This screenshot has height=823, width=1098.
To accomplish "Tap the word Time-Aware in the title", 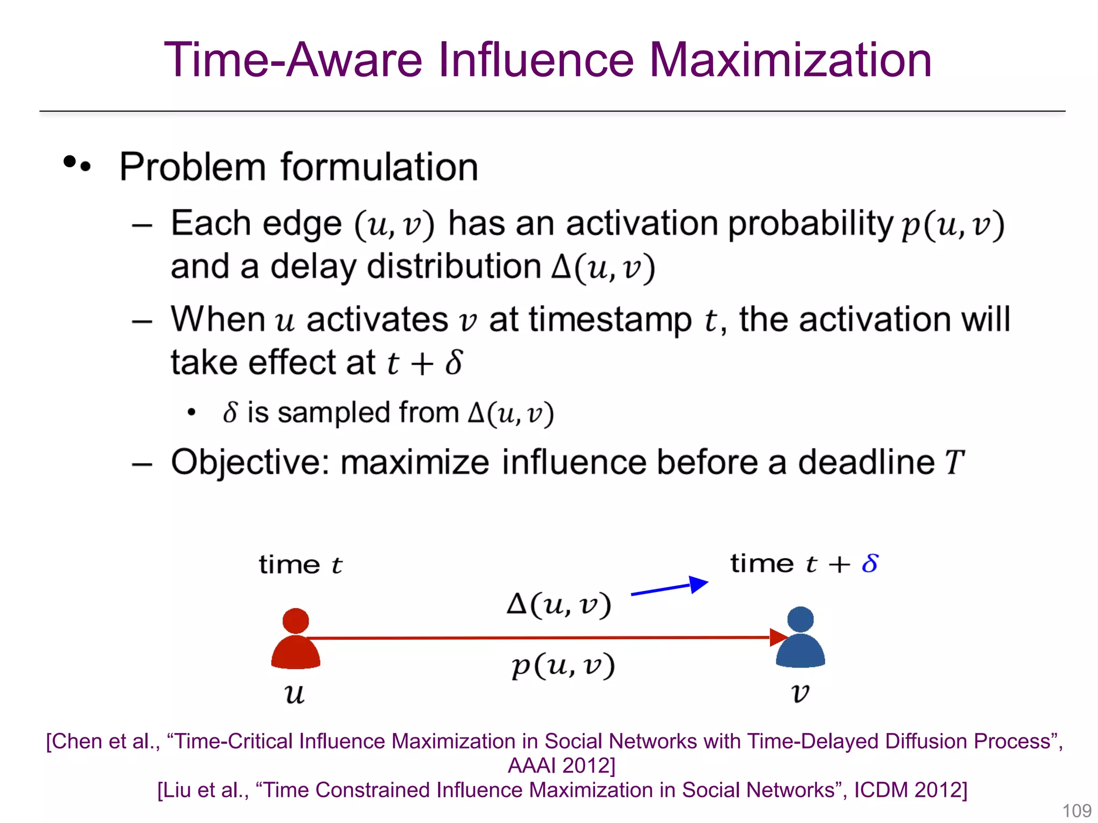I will [293, 60].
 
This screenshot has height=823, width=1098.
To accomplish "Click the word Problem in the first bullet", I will [192, 168].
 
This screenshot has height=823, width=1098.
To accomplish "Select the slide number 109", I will [1077, 811].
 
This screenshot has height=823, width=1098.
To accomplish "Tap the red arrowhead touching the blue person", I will [778, 637].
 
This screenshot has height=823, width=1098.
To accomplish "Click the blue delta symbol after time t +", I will [870, 564].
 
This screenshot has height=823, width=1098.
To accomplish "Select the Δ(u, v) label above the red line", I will [559, 605].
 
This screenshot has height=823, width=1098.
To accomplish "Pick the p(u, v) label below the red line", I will [562, 666].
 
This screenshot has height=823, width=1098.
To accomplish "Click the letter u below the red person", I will [294, 694].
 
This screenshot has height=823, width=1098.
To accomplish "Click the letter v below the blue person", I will [800, 693].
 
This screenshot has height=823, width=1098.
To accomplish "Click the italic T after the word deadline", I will [954, 462].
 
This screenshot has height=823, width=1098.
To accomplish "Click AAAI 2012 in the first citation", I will [561, 766].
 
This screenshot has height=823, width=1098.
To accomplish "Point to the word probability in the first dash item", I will [810, 224].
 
